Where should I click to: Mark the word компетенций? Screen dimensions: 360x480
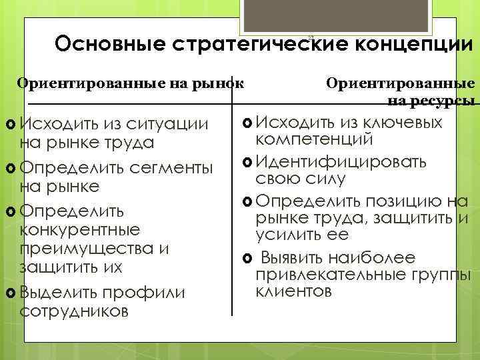(x=315, y=139)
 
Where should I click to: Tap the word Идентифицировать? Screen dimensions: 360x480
(x=340, y=161)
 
